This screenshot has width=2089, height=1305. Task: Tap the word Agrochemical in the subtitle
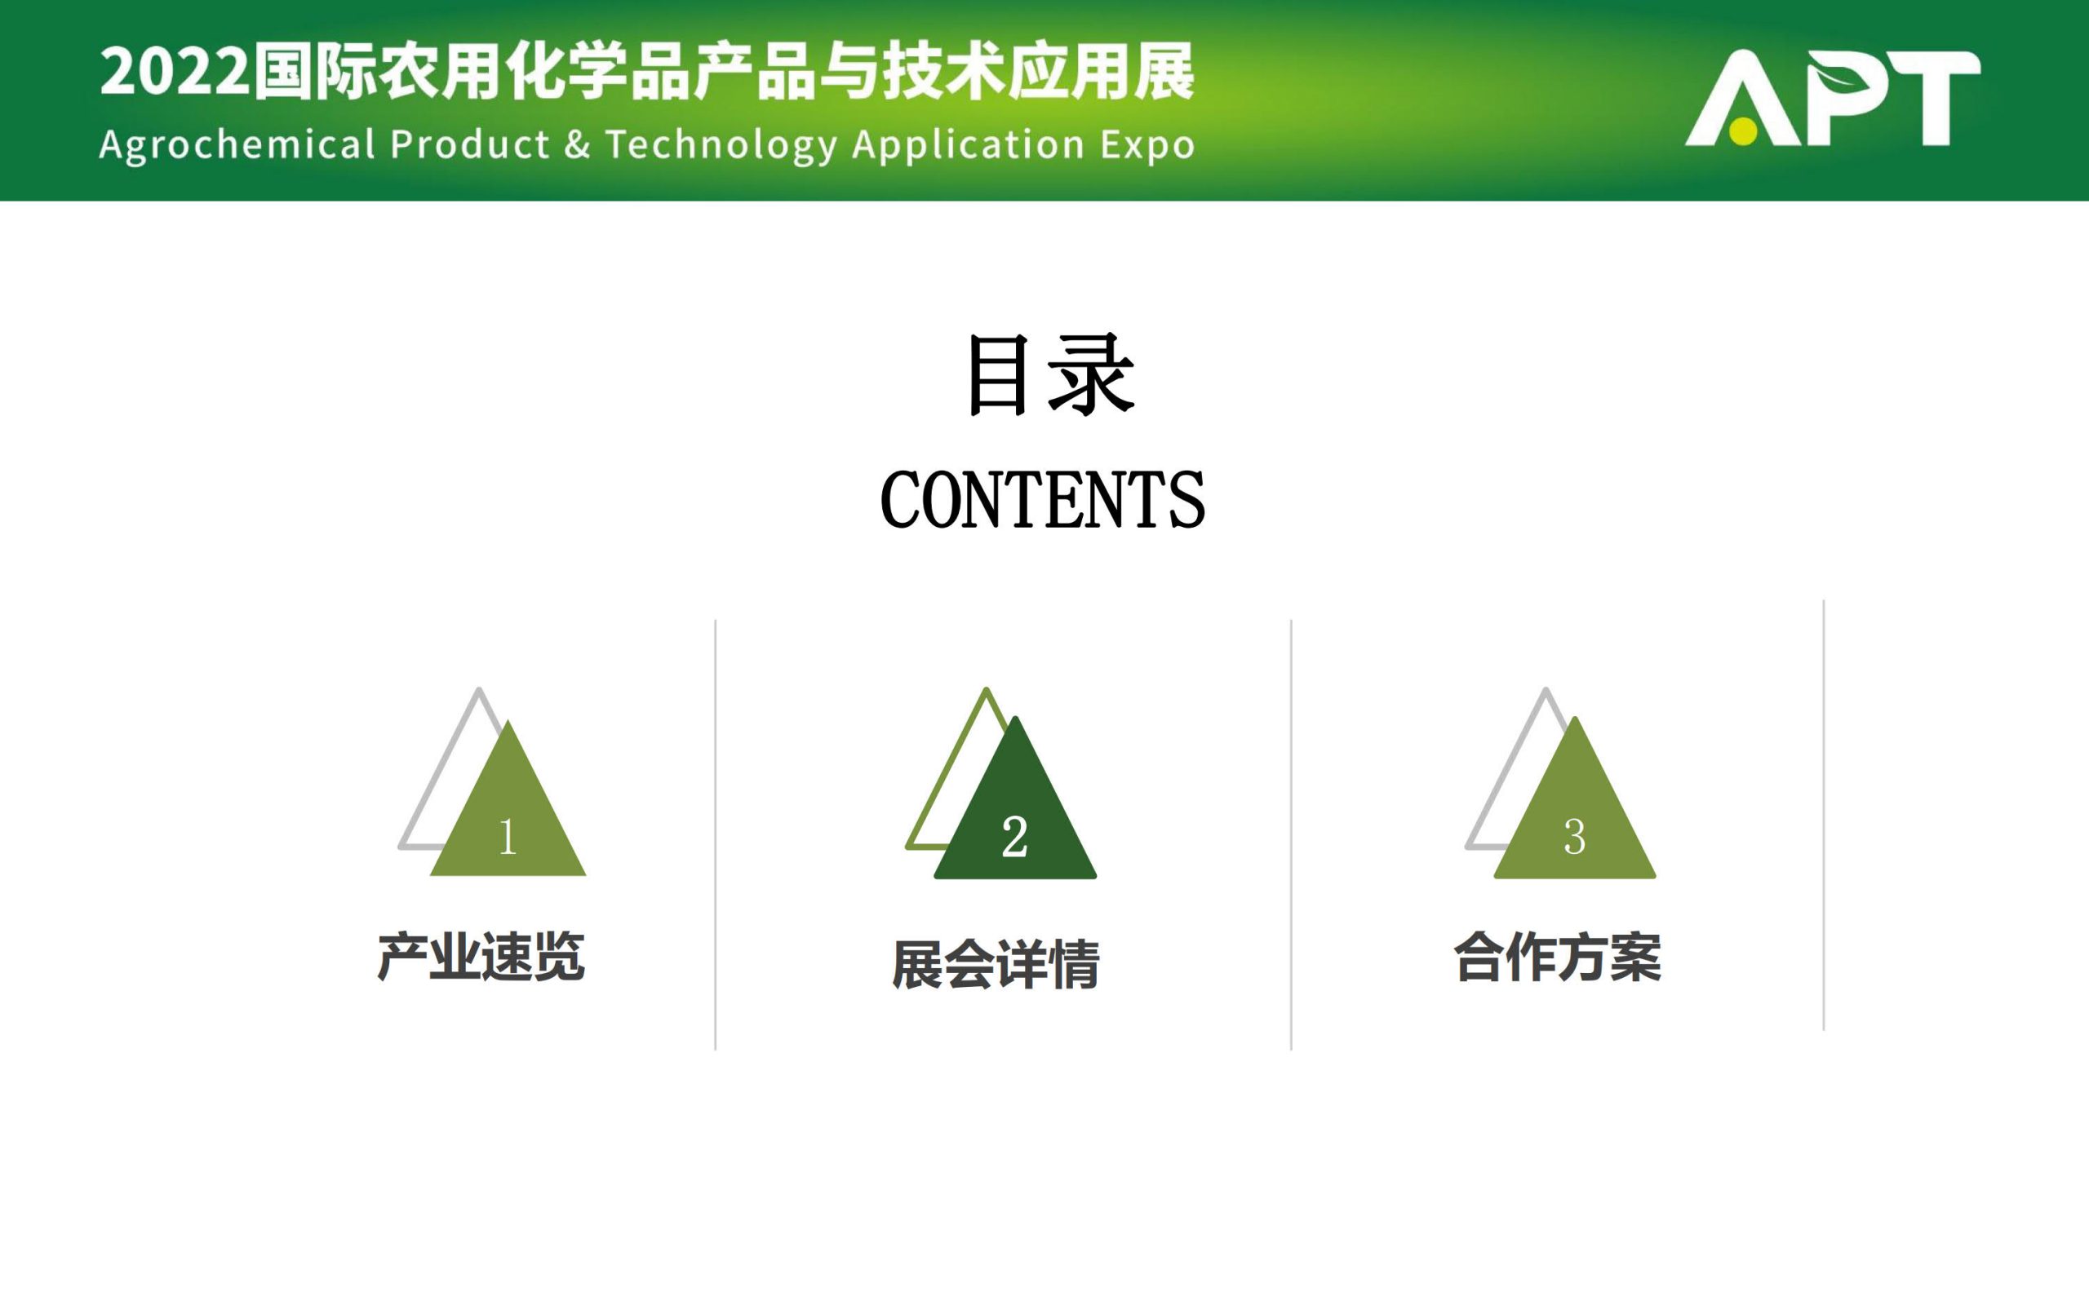[x=237, y=145]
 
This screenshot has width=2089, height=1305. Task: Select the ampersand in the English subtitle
[x=578, y=144]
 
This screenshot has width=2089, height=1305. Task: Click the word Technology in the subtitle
[x=721, y=145]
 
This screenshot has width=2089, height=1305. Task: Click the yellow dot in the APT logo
[x=1743, y=131]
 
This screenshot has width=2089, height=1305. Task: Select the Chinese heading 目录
[x=1049, y=374]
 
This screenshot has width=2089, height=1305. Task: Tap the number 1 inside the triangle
[x=508, y=836]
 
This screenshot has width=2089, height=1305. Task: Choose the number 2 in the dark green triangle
[x=1014, y=836]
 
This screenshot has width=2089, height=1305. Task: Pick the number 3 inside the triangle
[x=1575, y=836]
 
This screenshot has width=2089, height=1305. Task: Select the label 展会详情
[x=996, y=964]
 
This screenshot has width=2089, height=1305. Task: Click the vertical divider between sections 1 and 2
[x=716, y=834]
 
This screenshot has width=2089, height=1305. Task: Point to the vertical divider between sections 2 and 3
[x=1292, y=834]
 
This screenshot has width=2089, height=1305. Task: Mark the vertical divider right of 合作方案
[x=1824, y=815]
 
